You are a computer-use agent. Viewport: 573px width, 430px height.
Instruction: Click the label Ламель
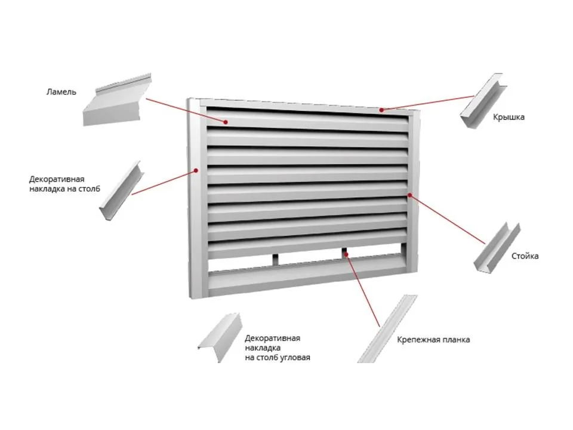(61, 92)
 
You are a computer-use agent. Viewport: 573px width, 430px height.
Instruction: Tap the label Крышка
(509, 118)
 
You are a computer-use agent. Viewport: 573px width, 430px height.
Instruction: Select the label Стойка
(525, 256)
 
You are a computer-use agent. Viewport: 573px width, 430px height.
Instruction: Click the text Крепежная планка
(433, 340)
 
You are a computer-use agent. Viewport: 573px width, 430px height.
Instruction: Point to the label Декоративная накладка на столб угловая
(278, 348)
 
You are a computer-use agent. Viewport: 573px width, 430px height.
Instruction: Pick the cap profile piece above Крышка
(483, 101)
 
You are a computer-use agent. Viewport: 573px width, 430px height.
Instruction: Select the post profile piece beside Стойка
(497, 247)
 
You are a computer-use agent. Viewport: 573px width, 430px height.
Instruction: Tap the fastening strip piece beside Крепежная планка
(387, 329)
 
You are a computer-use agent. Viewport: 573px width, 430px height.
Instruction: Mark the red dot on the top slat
(226, 122)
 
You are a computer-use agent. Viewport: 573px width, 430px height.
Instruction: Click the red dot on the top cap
(381, 110)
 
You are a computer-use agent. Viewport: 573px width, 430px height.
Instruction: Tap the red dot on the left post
(196, 170)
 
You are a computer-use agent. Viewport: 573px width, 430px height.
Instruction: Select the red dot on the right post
(410, 195)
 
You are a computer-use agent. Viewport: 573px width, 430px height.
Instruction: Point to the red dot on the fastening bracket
(346, 253)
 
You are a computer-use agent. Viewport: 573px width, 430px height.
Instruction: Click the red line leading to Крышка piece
(427, 103)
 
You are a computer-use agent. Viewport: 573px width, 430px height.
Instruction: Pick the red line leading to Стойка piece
(448, 219)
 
